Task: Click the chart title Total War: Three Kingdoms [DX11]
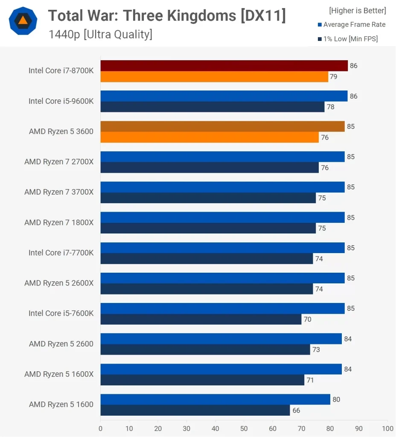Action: [167, 16]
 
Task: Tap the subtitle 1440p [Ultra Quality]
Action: [100, 35]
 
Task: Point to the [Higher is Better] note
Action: [358, 11]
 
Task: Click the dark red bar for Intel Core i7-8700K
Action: [224, 66]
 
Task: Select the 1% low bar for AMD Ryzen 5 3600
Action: [210, 137]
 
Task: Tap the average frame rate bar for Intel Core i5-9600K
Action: [224, 96]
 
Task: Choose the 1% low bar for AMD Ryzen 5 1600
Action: [195, 411]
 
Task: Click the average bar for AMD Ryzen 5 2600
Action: [221, 339]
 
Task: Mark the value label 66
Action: [296, 411]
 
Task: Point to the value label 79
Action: [334, 77]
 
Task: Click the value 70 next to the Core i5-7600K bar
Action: [308, 319]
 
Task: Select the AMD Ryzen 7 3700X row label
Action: [59, 192]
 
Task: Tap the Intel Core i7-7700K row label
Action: [61, 253]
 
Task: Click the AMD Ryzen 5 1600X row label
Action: [59, 374]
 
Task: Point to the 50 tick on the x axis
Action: [244, 428]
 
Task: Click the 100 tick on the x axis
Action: [387, 428]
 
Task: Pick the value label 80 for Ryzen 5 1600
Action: [336, 399]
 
